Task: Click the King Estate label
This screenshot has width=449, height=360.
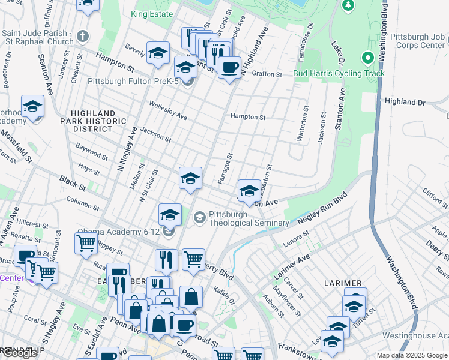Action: click(151, 13)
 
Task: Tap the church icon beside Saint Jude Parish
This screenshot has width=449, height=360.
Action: click(82, 37)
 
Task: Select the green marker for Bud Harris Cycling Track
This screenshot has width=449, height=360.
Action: click(367, 59)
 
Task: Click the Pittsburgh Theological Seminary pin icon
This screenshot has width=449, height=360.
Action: click(200, 218)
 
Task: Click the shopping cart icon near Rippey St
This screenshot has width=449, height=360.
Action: click(86, 243)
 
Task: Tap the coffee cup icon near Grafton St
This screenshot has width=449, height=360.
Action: click(229, 67)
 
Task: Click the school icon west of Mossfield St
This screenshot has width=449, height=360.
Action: click(32, 107)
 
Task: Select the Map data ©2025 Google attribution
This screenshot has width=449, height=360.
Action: click(411, 355)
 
